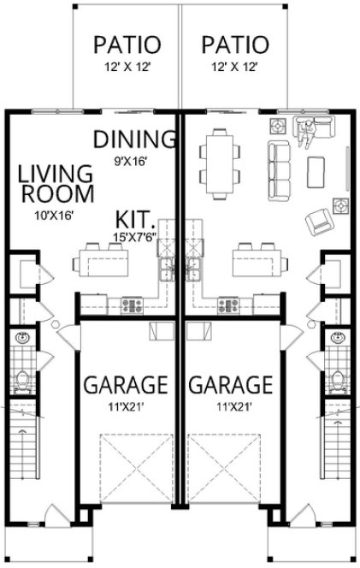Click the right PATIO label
click(234, 44)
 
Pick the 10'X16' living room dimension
click(50, 215)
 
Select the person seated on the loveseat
click(305, 128)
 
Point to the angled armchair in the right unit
click(319, 222)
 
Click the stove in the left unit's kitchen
click(131, 304)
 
